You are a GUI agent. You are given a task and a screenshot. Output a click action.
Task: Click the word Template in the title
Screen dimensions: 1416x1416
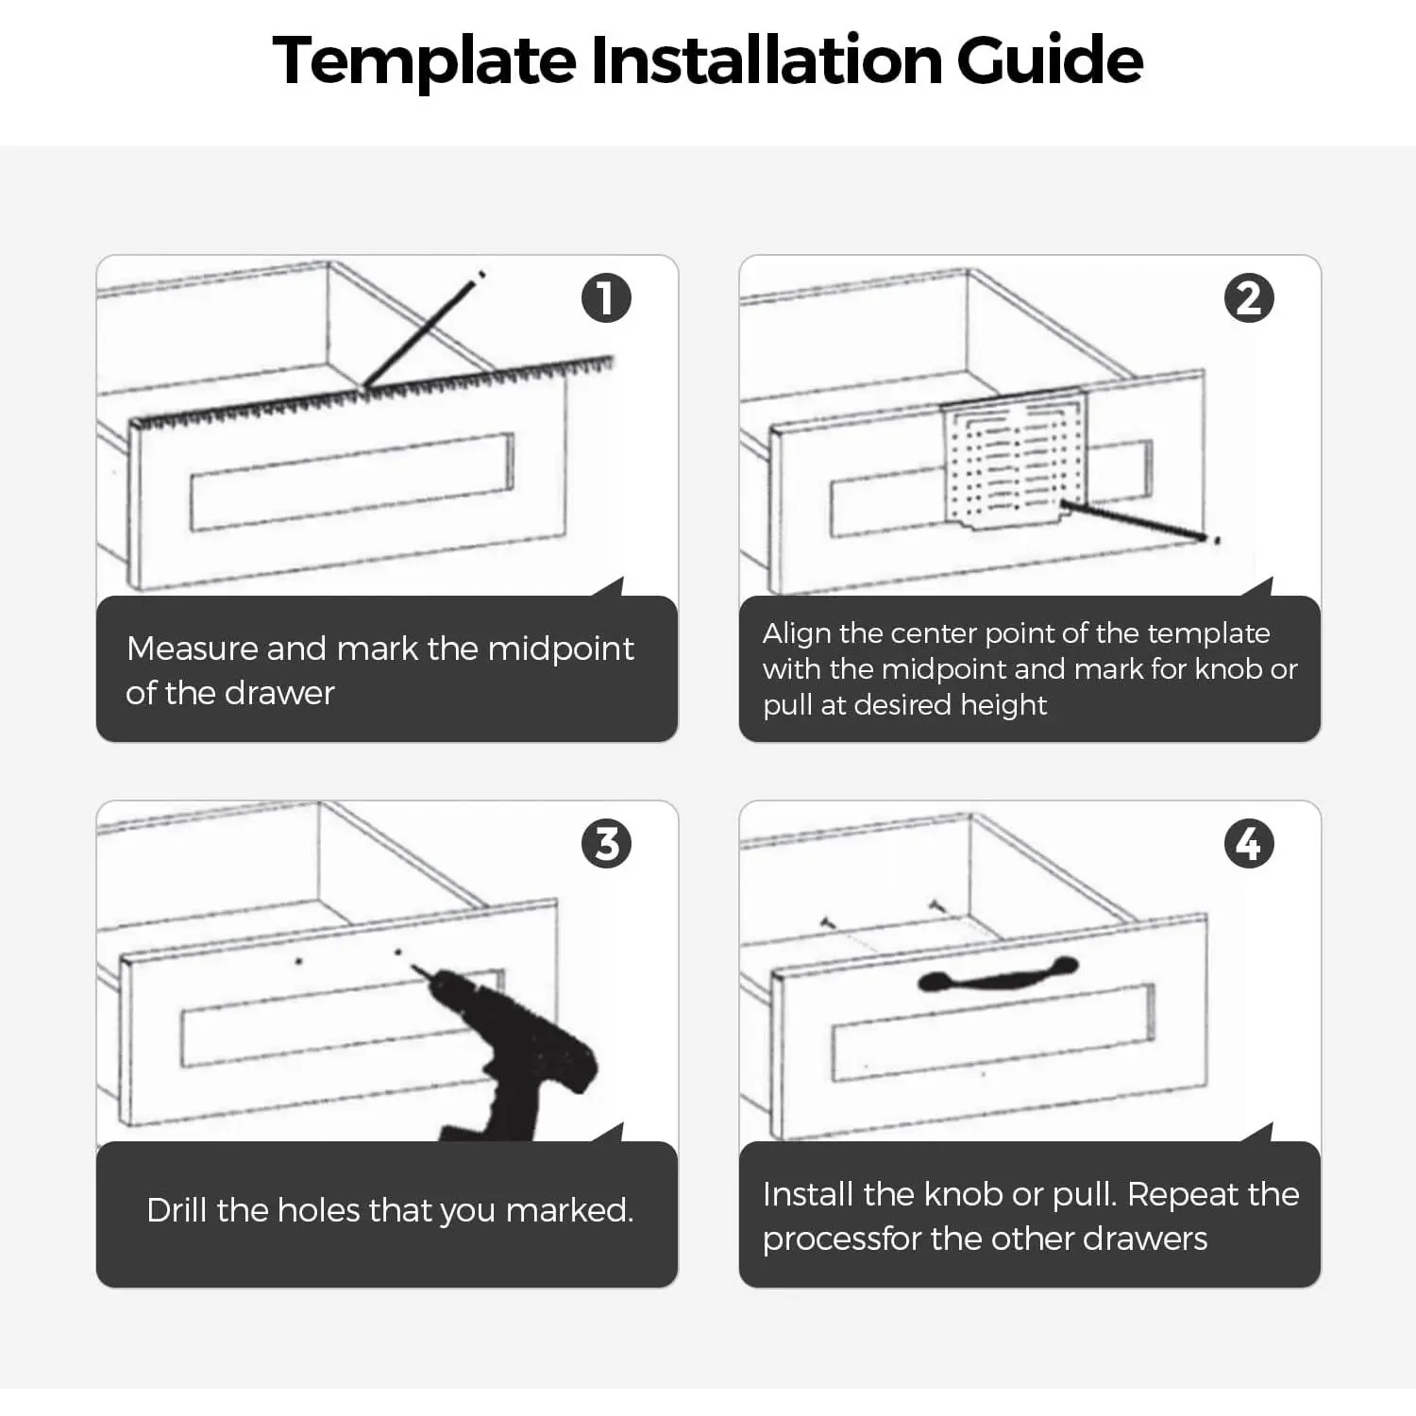424,61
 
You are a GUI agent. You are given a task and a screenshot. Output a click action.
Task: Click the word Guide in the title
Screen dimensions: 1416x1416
1050,59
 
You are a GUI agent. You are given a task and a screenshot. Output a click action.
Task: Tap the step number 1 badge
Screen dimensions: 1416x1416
606,298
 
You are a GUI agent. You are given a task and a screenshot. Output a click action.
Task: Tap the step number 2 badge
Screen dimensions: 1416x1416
1249,298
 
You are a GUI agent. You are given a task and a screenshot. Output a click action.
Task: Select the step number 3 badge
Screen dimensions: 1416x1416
606,844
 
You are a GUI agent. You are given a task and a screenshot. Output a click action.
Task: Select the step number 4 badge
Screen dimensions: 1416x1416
1249,844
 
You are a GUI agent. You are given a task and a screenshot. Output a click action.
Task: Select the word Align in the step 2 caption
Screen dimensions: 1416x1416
797,633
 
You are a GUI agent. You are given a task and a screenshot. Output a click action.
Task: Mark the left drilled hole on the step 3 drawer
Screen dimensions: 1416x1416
299,962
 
